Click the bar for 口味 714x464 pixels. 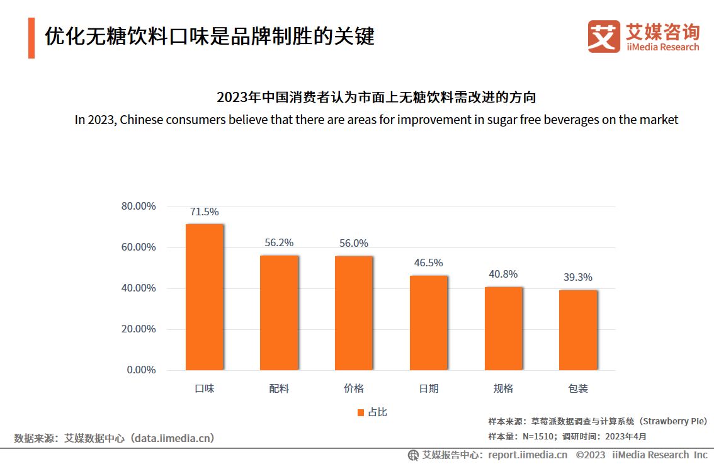click(x=204, y=297)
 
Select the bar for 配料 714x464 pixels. click(x=279, y=312)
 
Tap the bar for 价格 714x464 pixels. click(x=353, y=313)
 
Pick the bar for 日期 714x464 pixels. click(x=428, y=322)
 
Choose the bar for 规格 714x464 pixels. click(x=503, y=328)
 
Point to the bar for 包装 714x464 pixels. click(x=577, y=330)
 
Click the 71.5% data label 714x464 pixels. click(x=204, y=212)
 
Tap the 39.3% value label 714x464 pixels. click(x=577, y=278)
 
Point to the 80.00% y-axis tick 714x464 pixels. click(x=138, y=207)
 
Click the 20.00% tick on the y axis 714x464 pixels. click(x=138, y=329)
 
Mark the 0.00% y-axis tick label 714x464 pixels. click(x=141, y=370)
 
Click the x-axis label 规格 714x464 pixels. click(x=503, y=389)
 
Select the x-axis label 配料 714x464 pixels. click(x=279, y=389)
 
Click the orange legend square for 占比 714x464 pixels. click(x=361, y=412)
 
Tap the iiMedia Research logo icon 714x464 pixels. click(x=604, y=37)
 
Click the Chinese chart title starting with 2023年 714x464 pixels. click(x=376, y=98)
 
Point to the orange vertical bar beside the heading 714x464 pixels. click(x=31, y=38)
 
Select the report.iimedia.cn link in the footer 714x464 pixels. click(x=528, y=455)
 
